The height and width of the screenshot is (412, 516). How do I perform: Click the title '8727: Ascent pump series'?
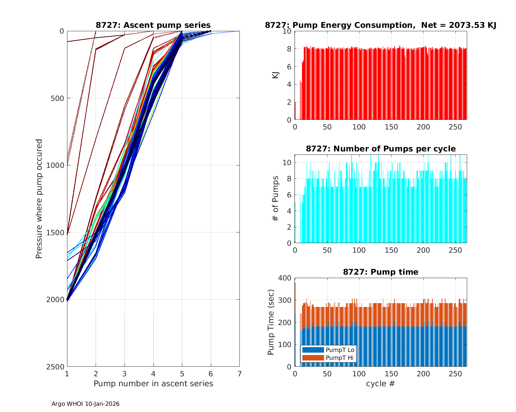click(153, 25)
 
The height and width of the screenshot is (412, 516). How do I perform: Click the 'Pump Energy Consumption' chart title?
click(380, 25)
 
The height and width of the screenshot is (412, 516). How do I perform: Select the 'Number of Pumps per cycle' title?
click(380, 149)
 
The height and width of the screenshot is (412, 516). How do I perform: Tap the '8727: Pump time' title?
click(380, 272)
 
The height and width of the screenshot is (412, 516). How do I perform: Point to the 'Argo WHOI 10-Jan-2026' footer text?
click(86, 404)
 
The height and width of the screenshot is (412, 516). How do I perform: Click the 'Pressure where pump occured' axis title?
click(39, 199)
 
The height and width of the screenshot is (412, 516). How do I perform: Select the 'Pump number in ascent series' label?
click(153, 384)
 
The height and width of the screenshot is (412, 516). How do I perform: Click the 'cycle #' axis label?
click(380, 384)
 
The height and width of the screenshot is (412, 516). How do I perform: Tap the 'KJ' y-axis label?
click(276, 75)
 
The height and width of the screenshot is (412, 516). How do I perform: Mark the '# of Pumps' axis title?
click(276, 198)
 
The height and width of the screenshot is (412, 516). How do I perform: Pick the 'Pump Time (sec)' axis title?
click(271, 322)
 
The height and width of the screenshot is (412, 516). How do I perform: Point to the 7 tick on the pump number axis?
click(239, 373)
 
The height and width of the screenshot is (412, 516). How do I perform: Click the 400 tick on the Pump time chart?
click(285, 278)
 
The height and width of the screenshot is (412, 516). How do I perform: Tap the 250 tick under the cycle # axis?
click(455, 373)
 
